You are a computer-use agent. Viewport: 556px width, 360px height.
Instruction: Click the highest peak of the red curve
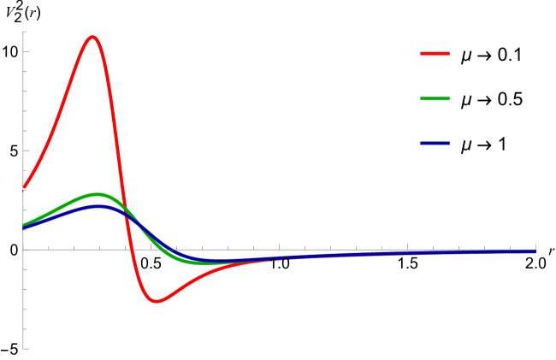point(92,37)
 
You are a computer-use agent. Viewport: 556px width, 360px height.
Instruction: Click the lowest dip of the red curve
point(155,301)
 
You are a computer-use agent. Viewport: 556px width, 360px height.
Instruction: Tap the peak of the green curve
point(97,194)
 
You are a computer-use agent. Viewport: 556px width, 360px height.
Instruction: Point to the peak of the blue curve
point(99,206)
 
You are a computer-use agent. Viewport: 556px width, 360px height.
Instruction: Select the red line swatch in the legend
point(435,53)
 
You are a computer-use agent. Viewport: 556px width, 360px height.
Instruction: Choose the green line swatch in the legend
point(435,98)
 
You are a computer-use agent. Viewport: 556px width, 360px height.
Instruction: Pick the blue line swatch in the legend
point(435,143)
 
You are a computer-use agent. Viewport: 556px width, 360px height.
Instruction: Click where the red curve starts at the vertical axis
point(23,188)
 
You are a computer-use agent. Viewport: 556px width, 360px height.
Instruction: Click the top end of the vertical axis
point(23,32)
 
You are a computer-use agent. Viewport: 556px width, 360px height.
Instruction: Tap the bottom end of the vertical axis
point(23,349)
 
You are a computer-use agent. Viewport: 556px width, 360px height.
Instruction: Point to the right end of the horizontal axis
point(535,250)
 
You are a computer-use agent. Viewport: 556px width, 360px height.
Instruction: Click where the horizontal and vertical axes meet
point(23,250)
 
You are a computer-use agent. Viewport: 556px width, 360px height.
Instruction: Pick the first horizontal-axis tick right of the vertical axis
point(48,248)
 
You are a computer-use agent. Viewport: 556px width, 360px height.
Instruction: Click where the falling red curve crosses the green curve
point(124,211)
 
